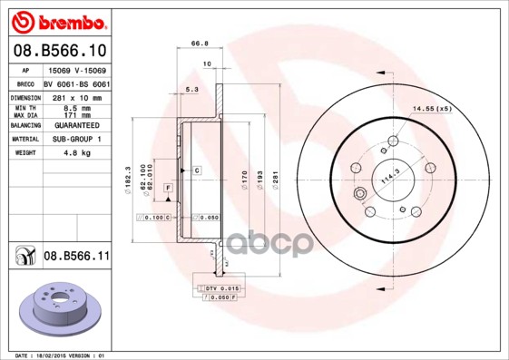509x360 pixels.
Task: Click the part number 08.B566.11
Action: click(77, 257)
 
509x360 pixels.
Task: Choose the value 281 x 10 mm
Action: click(76, 97)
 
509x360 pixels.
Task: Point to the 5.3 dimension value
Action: click(191, 90)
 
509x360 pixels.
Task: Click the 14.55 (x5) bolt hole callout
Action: click(432, 109)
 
